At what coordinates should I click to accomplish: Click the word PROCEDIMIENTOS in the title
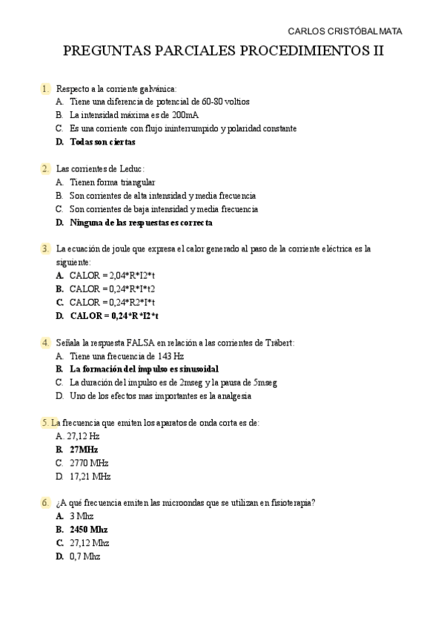tap(296, 52)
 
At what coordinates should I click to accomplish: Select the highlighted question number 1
tap(45, 89)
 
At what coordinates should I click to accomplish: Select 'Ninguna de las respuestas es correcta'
tap(141, 223)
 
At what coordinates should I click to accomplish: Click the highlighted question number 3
tap(45, 248)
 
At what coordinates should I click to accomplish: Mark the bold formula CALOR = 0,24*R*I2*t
tap(115, 315)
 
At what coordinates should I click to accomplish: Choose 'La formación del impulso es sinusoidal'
tap(144, 369)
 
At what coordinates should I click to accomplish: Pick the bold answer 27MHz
tap(84, 449)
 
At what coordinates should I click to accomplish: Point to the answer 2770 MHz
tap(89, 463)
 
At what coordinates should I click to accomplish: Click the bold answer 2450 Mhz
tap(88, 529)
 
